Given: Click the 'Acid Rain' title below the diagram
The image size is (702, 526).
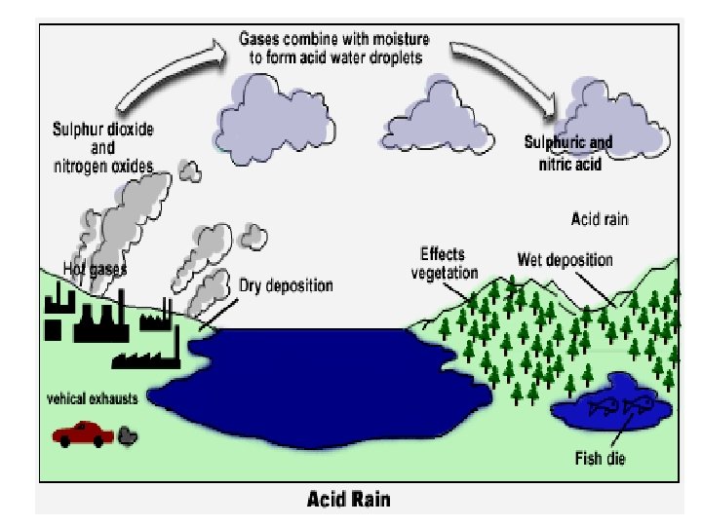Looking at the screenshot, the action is click(x=349, y=500).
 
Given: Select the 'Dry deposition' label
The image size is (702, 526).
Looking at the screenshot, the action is click(x=286, y=286).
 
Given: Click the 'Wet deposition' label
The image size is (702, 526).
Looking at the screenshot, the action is click(x=565, y=260).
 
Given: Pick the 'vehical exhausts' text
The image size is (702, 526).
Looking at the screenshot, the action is click(x=93, y=399).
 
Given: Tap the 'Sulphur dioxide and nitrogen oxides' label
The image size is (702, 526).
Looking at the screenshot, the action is click(x=103, y=148).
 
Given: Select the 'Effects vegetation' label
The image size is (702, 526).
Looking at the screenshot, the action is click(x=444, y=262).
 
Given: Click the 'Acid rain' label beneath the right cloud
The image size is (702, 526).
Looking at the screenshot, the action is click(x=599, y=219).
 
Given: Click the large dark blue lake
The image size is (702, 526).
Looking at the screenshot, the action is click(x=312, y=380).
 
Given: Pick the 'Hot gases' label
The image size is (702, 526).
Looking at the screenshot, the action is click(x=95, y=267).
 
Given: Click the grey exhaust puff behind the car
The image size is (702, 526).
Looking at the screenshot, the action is click(x=127, y=434).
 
